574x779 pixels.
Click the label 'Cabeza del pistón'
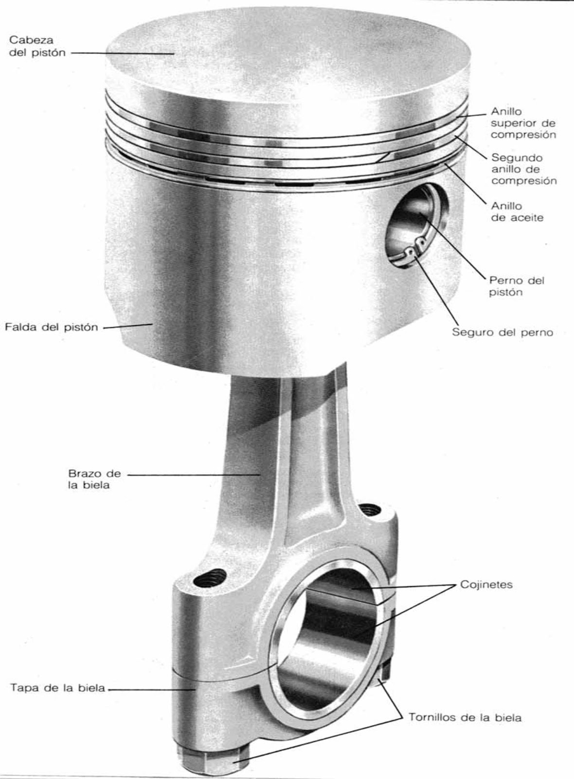(x=37, y=46)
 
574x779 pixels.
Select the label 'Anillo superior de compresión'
(x=523, y=123)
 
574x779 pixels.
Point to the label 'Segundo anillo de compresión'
(x=523, y=169)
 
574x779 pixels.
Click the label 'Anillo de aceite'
(x=517, y=212)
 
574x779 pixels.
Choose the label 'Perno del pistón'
(x=516, y=286)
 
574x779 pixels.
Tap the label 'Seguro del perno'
(x=502, y=333)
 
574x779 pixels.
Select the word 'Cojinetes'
(x=486, y=584)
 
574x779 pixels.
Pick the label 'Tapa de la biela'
(x=57, y=688)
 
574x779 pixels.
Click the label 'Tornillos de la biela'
(x=465, y=718)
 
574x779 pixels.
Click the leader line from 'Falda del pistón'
(x=126, y=326)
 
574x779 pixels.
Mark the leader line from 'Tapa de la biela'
(x=151, y=689)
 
